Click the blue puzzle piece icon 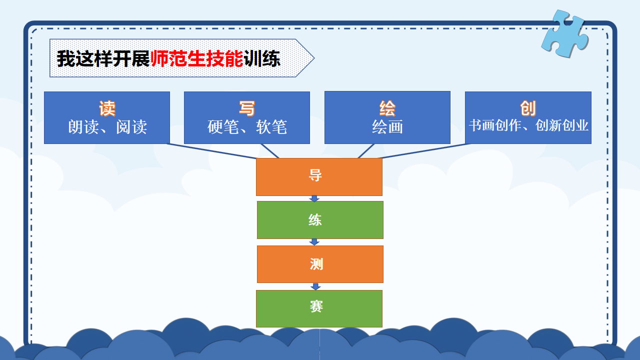(565, 33)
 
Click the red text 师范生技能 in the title (197, 59)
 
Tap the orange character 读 (107, 108)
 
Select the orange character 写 (247, 108)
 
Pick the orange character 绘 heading (387, 108)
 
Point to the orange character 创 (528, 108)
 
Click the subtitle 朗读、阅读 (107, 127)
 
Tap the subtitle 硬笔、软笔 (247, 127)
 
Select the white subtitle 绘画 (387, 127)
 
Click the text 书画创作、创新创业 (528, 125)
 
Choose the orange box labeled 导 (319, 177)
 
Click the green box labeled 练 (320, 220)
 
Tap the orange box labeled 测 (320, 264)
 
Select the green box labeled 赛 (319, 308)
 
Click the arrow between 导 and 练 (314, 198)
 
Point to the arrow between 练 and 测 (314, 242)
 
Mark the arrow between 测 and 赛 (315, 286)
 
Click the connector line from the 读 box (211, 151)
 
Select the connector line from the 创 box (424, 151)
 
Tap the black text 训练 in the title (262, 59)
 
